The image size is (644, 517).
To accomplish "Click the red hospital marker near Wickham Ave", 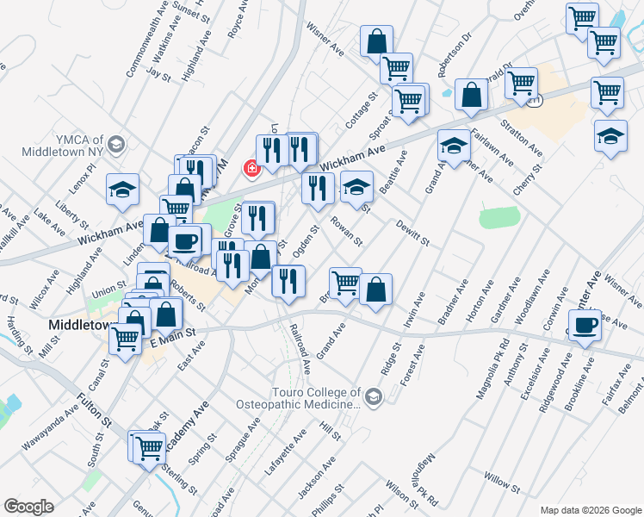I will pos(252,168).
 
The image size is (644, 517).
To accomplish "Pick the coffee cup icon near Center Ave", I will pos(585,327).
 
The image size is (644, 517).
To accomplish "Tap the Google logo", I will pos(28,507).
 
